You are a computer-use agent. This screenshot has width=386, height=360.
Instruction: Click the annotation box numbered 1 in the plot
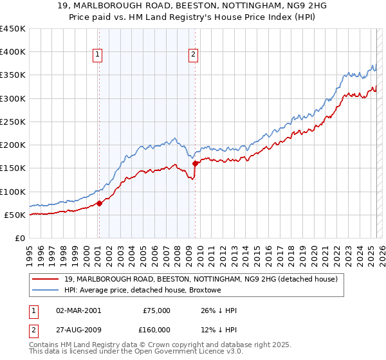(98, 55)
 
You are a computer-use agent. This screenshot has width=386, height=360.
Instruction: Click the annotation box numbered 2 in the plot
(193, 55)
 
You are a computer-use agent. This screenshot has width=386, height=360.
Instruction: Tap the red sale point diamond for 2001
(99, 203)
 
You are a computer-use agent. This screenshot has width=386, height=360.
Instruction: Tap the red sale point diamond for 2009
(195, 163)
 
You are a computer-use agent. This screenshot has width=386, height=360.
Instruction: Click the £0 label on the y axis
(19, 238)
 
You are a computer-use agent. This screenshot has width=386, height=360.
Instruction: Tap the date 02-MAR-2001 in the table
(78, 310)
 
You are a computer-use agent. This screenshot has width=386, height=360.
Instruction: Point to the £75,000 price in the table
(156, 310)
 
